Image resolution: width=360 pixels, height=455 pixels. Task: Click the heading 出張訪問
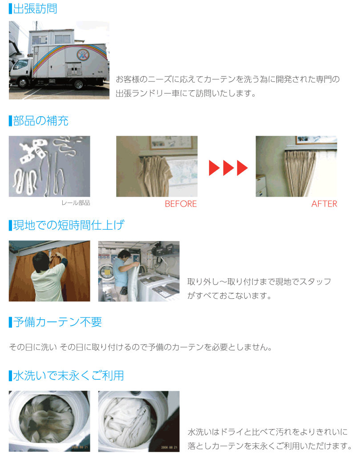point(35,9)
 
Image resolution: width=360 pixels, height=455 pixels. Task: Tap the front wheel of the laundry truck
point(23,83)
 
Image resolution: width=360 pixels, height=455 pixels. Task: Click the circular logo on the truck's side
point(83,55)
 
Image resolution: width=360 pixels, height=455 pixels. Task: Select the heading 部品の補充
point(40,121)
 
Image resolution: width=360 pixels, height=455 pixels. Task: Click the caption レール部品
point(76,203)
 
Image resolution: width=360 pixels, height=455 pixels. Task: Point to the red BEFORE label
point(181,204)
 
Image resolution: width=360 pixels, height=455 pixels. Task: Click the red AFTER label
point(324,204)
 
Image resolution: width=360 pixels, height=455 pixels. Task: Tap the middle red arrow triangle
point(228,168)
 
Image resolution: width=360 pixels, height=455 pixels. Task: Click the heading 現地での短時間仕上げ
point(69,225)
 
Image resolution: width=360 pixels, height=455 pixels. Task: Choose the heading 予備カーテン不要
point(57,322)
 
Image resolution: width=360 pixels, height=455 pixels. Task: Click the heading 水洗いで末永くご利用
point(69,375)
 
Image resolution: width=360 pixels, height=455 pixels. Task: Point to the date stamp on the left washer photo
point(80,447)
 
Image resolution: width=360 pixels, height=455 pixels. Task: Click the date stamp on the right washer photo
point(169,447)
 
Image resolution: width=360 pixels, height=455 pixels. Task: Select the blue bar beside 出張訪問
point(10,9)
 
